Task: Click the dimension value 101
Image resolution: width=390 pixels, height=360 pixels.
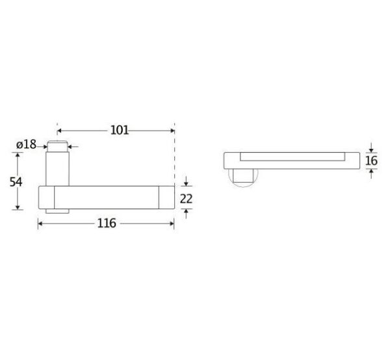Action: [x=120, y=130]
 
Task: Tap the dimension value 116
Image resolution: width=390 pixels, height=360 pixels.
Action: [x=107, y=224]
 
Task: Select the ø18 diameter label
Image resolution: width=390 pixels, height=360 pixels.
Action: [x=27, y=144]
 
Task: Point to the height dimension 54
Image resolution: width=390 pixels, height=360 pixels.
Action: [x=16, y=182]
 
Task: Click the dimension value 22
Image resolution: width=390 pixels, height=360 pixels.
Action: [x=186, y=199]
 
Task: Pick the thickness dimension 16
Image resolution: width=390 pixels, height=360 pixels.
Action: [x=371, y=161]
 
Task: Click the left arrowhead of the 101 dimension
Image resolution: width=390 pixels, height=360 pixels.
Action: [x=59, y=131]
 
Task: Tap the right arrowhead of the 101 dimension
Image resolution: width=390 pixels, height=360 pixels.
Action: [x=172, y=131]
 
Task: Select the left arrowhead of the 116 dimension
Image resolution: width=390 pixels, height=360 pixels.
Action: [x=40, y=224]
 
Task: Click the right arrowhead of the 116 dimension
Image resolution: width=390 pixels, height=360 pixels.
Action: [x=172, y=224]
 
